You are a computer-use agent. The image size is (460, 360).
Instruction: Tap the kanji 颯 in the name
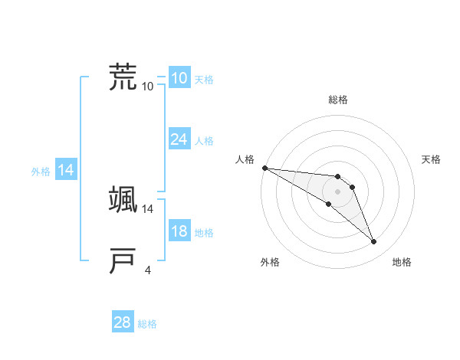click(x=123, y=198)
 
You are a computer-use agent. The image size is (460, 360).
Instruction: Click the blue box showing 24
click(x=179, y=139)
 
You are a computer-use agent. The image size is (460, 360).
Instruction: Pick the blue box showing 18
click(x=179, y=231)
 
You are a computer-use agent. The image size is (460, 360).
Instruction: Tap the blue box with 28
click(x=122, y=322)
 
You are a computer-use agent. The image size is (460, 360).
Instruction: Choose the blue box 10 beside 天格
click(x=179, y=78)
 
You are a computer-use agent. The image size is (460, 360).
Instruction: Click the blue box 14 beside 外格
click(x=66, y=170)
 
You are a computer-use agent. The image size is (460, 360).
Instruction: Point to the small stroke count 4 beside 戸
click(x=148, y=269)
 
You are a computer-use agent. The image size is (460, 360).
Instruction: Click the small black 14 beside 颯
click(x=148, y=208)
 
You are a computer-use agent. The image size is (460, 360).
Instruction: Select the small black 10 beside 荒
click(x=148, y=86)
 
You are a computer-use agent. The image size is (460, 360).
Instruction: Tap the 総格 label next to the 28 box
click(x=147, y=324)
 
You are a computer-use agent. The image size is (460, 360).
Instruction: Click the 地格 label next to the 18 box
click(x=204, y=233)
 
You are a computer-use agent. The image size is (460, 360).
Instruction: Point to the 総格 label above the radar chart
click(x=338, y=100)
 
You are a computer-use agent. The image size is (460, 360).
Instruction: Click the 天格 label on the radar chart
click(x=431, y=159)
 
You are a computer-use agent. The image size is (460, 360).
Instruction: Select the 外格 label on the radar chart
click(x=270, y=262)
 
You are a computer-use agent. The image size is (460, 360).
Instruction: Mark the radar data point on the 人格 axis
click(x=264, y=168)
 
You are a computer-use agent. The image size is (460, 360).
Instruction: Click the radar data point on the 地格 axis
click(x=373, y=242)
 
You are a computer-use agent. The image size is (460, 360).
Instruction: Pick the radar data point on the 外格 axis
click(x=328, y=204)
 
